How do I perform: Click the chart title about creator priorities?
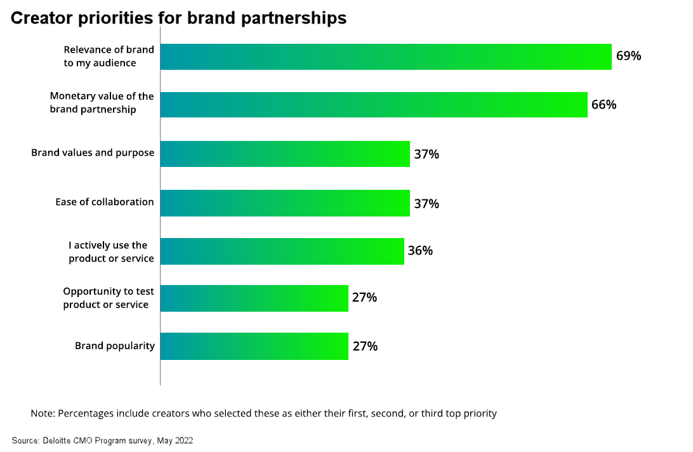pos(178,18)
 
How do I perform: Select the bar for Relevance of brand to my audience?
pos(385,56)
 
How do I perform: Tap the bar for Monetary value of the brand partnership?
pos(373,104)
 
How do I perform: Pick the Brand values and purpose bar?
pos(284,154)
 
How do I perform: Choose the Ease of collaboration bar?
pos(284,203)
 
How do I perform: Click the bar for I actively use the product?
pos(282,251)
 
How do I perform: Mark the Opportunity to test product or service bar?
pos(254,298)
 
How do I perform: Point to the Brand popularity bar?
pos(254,346)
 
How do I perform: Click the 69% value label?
pos(628,56)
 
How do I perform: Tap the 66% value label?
pos(604,105)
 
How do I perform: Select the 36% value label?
pos(420,251)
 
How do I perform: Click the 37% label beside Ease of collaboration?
pos(426,204)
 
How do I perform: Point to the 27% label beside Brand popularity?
pos(365,347)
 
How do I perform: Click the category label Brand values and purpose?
pos(93,153)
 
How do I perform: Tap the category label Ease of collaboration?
pos(105,202)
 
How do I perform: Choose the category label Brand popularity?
pos(115,346)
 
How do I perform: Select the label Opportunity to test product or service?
pos(108,298)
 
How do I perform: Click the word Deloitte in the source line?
pos(56,440)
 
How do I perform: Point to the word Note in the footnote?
pos(42,413)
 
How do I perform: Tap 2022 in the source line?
pos(183,440)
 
